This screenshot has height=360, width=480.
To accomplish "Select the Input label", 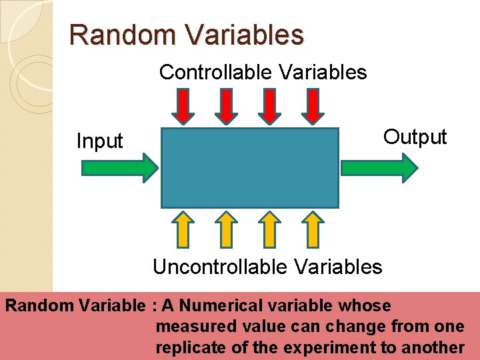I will pyautogui.click(x=100, y=141).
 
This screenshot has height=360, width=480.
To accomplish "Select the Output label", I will pyautogui.click(x=415, y=137).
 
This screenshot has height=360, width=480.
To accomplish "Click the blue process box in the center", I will pyautogui.click(x=250, y=168).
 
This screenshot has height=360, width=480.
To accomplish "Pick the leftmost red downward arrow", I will pyautogui.click(x=187, y=106).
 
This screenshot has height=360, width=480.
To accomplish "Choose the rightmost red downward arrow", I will pyautogui.click(x=313, y=106).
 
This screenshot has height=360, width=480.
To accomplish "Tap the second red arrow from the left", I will pyautogui.click(x=229, y=106).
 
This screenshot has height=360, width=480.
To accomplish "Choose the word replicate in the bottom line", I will pyautogui.click(x=183, y=347).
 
